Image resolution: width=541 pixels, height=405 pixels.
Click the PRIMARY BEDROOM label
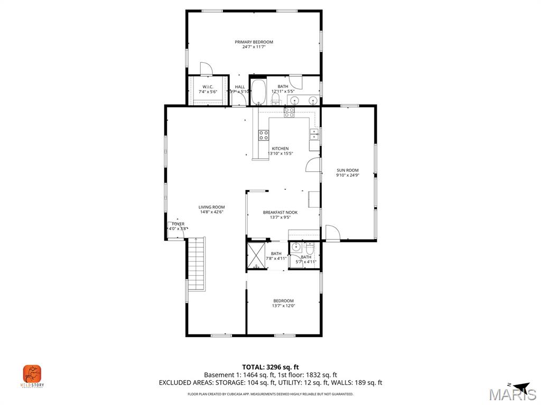point(254,42)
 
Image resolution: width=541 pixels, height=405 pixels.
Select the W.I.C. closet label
point(208,86)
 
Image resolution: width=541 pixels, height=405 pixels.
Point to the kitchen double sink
point(314,134)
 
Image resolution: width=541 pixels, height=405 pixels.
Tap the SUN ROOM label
point(348,170)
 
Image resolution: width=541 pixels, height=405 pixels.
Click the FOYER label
point(178,224)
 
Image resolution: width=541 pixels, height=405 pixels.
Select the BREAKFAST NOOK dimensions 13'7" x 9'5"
point(280,217)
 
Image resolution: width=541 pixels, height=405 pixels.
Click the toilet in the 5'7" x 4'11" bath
point(310,248)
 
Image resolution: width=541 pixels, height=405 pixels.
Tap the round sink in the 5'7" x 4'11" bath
point(296,246)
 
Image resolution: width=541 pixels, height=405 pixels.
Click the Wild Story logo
point(32,374)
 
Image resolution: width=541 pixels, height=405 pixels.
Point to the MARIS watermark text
point(512,394)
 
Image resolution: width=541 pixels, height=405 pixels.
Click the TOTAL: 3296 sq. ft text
point(270,367)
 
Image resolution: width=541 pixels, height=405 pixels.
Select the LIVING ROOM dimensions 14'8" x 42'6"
point(211,212)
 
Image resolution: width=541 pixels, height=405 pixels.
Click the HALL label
point(240,86)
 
